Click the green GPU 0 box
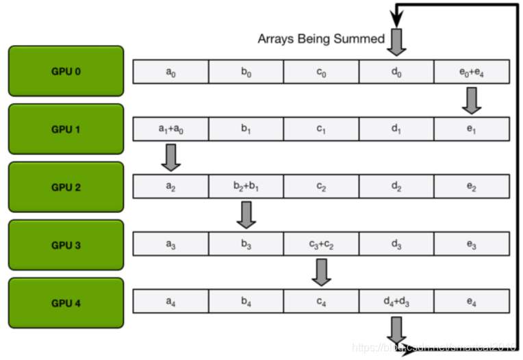66,70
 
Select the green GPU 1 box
66,129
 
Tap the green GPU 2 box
66,186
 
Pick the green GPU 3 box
66,244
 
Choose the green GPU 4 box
66,302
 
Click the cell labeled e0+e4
471,71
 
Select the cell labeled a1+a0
170,129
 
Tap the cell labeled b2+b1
246,186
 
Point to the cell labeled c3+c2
321,244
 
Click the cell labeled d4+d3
396,302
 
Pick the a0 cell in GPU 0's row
170,71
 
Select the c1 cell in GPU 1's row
321,129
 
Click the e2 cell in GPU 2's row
471,186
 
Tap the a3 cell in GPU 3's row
170,244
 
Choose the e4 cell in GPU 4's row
471,302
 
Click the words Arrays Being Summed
321,39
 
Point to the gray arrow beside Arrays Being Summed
396,41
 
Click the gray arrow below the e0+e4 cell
471,100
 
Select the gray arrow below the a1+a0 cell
171,157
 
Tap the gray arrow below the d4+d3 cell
396,330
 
